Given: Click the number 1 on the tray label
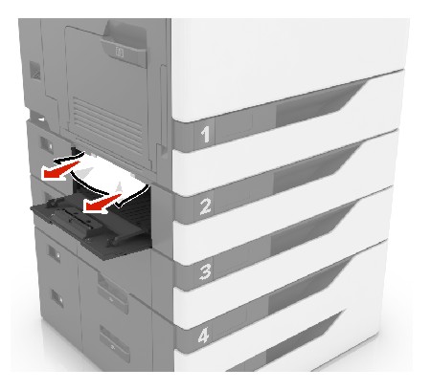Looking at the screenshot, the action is tap(205, 134).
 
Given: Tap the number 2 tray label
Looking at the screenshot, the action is tap(205, 206).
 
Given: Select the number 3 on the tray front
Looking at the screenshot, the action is tap(205, 271).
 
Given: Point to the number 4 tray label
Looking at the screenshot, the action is tap(204, 336).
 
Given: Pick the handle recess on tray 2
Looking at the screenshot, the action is tap(313, 169).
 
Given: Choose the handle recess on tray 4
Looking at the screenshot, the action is tap(308, 287).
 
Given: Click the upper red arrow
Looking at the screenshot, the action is tap(60, 169).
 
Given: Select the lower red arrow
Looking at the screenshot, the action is tap(102, 204).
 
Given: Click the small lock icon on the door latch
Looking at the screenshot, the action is tap(121, 52).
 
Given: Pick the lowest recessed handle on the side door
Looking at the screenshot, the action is tap(114, 342).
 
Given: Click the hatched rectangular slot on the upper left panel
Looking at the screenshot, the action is tap(35, 71).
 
